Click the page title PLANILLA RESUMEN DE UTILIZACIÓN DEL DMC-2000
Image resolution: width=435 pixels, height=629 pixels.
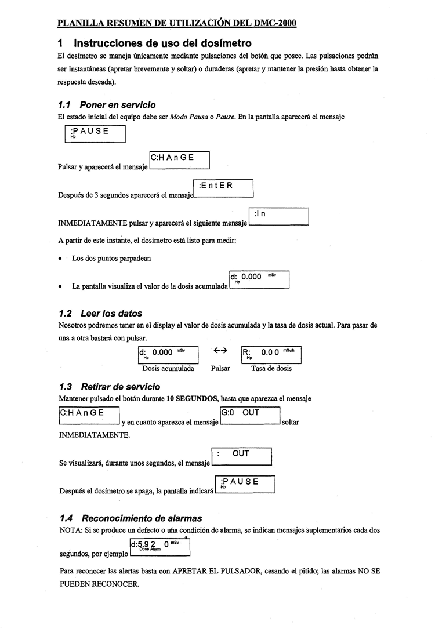177,24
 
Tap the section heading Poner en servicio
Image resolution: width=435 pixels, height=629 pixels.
118,105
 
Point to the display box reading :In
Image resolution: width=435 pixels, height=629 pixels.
278,217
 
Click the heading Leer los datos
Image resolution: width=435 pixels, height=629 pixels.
111,314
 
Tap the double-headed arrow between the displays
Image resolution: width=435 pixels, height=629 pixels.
220,351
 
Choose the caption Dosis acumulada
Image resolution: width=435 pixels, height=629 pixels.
168,368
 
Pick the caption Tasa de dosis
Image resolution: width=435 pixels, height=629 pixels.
271,368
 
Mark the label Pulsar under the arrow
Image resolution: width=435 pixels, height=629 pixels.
220,368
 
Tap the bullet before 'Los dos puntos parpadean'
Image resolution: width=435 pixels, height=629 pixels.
60,259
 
